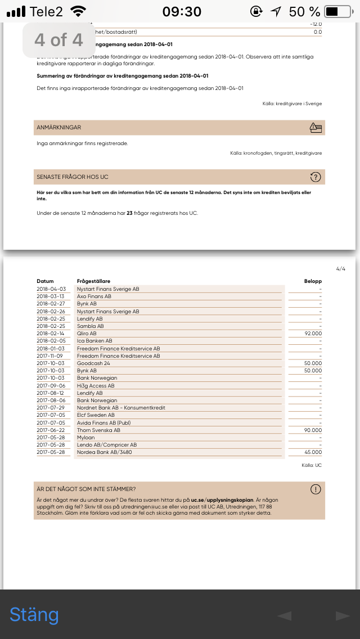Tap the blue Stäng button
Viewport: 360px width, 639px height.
point(34,615)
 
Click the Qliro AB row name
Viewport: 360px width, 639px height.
point(87,334)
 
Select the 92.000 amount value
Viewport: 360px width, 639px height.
point(313,334)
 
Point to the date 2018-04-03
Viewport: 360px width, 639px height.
point(51,289)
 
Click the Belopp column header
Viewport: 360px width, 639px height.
point(313,281)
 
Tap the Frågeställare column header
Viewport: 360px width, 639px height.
point(93,281)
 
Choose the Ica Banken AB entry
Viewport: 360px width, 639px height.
point(94,341)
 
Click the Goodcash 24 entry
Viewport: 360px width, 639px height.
point(93,363)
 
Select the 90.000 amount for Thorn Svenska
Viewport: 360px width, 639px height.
point(313,430)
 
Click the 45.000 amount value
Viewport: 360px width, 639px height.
point(313,452)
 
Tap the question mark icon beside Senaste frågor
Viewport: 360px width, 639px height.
point(316,177)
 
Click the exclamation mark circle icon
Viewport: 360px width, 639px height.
point(316,489)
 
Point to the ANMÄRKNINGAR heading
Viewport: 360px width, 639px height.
point(59,128)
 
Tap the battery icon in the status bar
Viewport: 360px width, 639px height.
point(338,11)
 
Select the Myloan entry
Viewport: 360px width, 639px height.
point(85,438)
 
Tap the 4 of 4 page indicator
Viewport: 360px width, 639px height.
point(58,40)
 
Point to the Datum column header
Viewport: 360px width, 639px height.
point(45,281)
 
